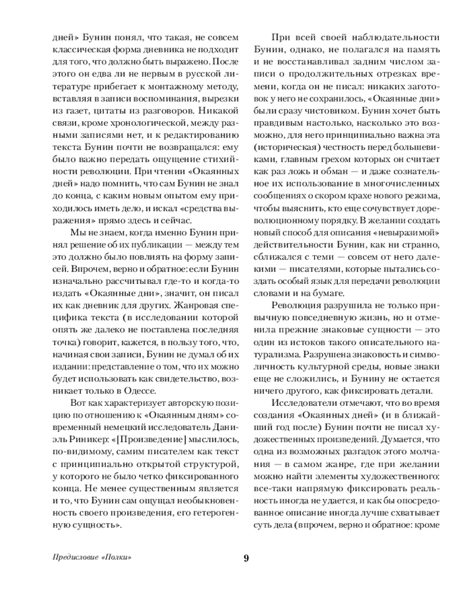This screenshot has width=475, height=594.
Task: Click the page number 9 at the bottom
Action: coord(246,557)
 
